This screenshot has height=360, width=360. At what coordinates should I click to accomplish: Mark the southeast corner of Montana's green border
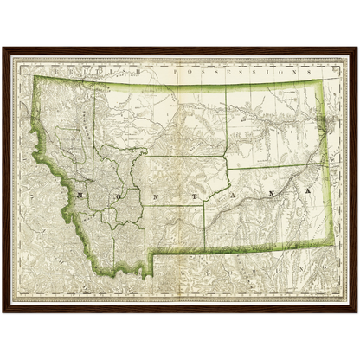330,244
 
